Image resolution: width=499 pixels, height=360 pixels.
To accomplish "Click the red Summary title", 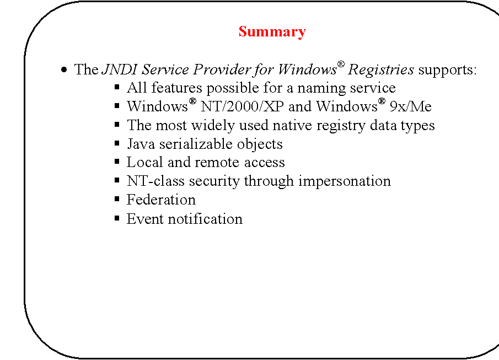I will click(x=272, y=32).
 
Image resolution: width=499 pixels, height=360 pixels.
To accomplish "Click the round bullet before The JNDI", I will click(x=65, y=71).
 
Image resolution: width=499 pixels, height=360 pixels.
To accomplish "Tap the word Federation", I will click(x=161, y=200).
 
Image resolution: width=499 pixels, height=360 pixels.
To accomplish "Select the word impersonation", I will click(x=344, y=181).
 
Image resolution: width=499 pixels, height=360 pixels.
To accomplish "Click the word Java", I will click(x=140, y=144).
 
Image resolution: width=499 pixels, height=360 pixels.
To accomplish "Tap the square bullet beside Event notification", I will click(x=117, y=218).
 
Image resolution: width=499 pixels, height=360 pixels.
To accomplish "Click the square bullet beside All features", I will click(x=117, y=88).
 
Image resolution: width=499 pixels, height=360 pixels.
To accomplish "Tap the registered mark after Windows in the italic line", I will click(x=341, y=66).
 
